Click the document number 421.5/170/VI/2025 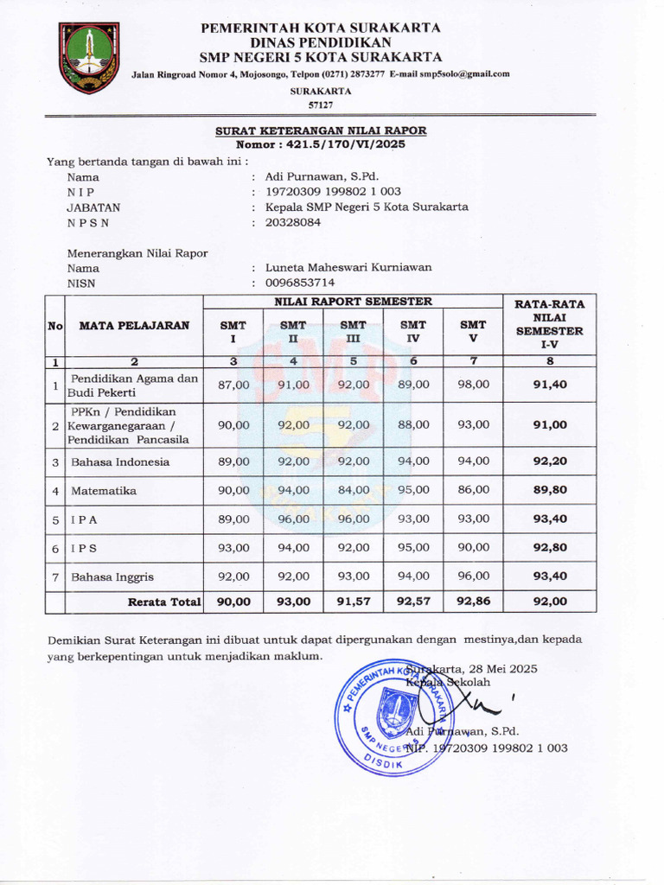tap(346, 145)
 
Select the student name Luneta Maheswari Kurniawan tap(348, 268)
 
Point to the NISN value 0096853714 tap(300, 283)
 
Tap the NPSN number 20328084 tap(293, 222)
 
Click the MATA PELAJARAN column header tap(134, 326)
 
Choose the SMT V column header tap(473, 331)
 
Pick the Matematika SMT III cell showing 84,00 tap(353, 490)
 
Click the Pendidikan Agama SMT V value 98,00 tap(473, 384)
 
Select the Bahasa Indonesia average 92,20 tap(550, 462)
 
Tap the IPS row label tap(84, 548)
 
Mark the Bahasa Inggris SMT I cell tap(233, 576)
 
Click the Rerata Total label tap(164, 602)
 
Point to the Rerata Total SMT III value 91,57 tap(353, 602)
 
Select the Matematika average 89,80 tap(550, 490)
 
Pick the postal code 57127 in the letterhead tap(320, 104)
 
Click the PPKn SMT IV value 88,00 tap(413, 424)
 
